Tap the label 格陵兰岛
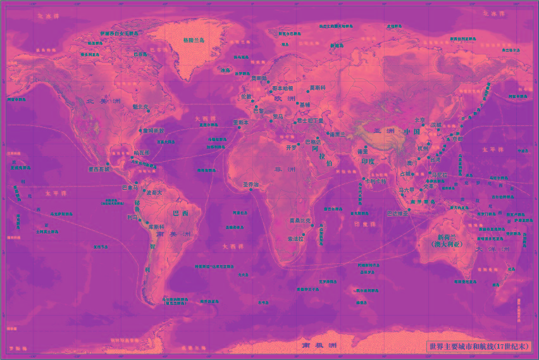[194, 40]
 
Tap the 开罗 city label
[291, 147]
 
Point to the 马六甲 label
[406, 190]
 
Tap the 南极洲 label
[319, 346]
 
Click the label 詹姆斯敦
[152, 131]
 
